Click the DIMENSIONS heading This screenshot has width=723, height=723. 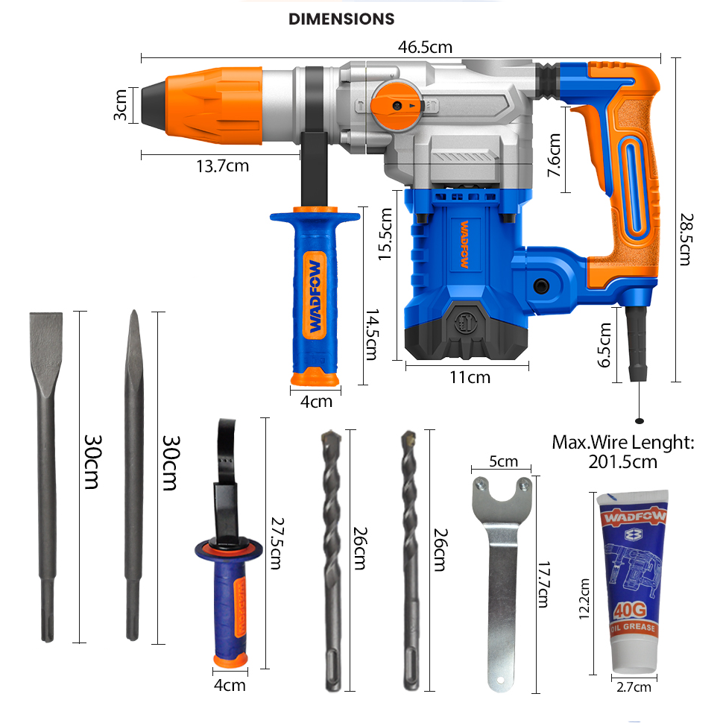click(341, 19)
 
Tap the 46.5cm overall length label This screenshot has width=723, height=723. click(425, 47)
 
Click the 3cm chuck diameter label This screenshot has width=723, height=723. click(120, 105)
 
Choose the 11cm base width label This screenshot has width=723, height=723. click(470, 377)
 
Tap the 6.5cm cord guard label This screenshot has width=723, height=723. click(605, 344)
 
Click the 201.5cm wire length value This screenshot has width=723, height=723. click(623, 461)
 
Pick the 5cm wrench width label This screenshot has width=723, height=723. click(503, 461)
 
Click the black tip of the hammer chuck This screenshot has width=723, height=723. click(153, 104)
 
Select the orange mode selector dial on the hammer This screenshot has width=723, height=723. click(394, 106)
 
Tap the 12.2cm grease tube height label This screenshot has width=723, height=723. click(584, 599)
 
